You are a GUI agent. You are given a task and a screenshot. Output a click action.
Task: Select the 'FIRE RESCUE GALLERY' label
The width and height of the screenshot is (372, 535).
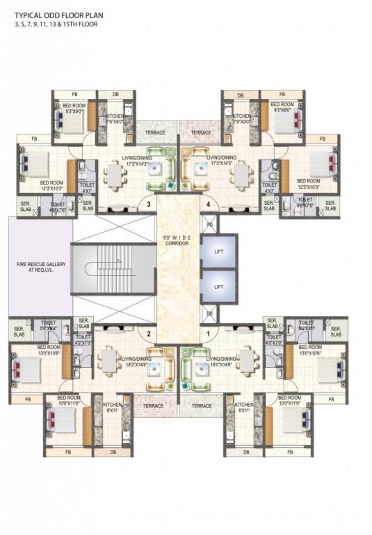(40, 267)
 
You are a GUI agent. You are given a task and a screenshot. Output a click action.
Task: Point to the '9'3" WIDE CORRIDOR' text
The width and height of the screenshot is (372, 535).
(178, 240)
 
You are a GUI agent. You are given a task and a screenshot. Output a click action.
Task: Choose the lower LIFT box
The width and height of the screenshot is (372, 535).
(218, 286)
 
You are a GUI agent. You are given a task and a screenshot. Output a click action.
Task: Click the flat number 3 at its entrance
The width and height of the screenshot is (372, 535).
(148, 204)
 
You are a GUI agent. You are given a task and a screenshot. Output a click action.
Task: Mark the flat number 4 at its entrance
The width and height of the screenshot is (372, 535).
(207, 204)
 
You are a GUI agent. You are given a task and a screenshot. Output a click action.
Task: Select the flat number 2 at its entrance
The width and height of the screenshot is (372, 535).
(148, 334)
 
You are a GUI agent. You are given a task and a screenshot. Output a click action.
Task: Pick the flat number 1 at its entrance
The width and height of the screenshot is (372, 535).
(207, 334)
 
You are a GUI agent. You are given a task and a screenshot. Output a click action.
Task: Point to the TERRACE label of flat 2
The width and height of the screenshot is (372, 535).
(153, 405)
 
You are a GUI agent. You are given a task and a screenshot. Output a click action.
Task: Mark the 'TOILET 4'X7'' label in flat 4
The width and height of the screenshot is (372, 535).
(268, 187)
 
